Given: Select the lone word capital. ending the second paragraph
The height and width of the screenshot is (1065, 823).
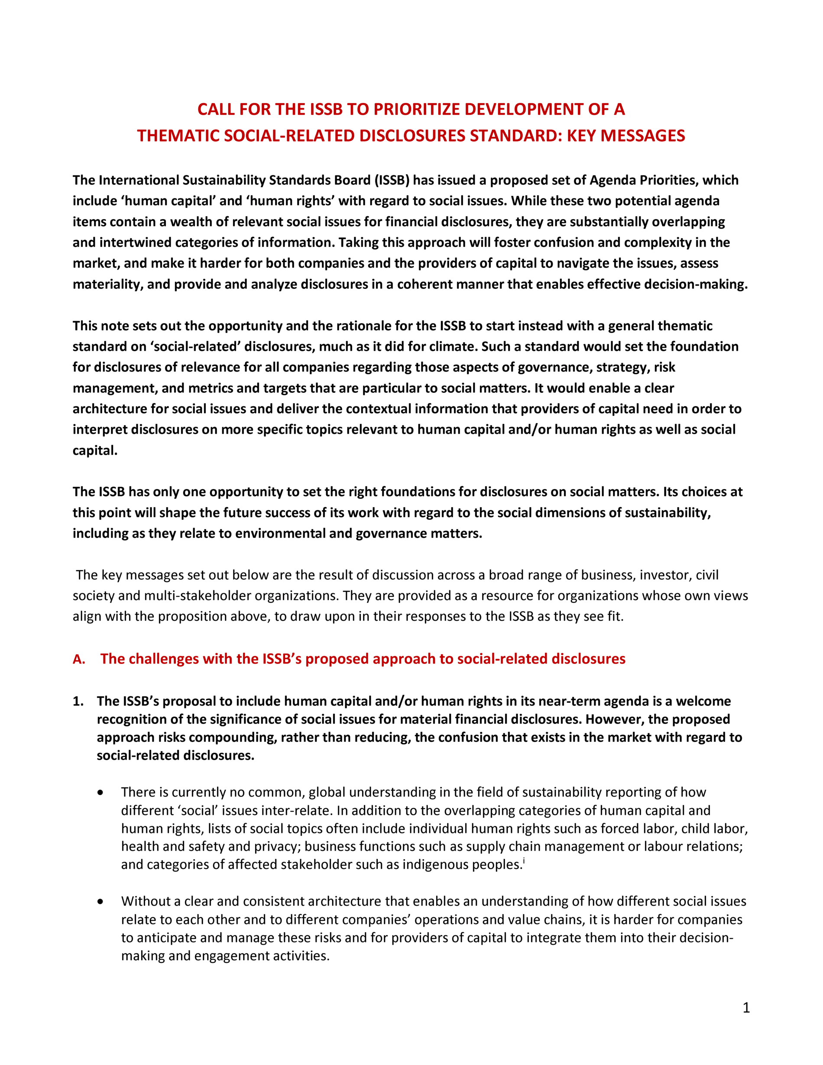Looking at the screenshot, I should tap(95, 450).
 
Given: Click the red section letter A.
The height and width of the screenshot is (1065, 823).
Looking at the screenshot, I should tap(78, 659).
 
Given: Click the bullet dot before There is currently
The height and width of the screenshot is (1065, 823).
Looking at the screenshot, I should tap(100, 793).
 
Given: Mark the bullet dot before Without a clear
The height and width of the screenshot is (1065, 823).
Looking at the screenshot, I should tap(100, 902).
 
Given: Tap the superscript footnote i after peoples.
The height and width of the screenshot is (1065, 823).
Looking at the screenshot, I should tap(524, 861).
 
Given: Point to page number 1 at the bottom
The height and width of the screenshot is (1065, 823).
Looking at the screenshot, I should tap(746, 1008).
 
